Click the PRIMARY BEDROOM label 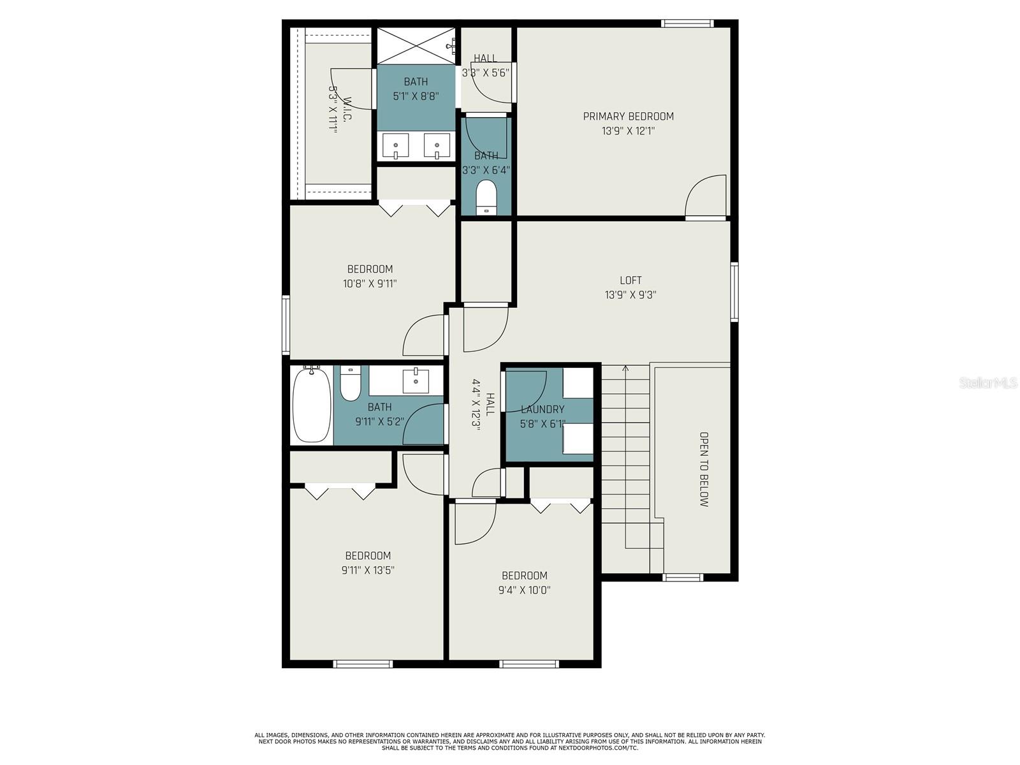628,116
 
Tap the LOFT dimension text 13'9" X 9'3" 630,295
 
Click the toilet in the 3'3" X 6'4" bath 486,197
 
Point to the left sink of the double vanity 396,146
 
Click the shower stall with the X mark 416,45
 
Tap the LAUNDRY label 543,409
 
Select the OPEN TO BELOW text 704,469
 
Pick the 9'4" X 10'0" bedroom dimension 524,590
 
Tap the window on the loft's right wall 734,291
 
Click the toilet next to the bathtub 350,383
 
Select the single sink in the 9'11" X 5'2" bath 416,380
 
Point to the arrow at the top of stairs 625,368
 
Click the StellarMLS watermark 988,382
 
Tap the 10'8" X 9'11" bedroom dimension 370,284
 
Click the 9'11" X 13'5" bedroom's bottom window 363,664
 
